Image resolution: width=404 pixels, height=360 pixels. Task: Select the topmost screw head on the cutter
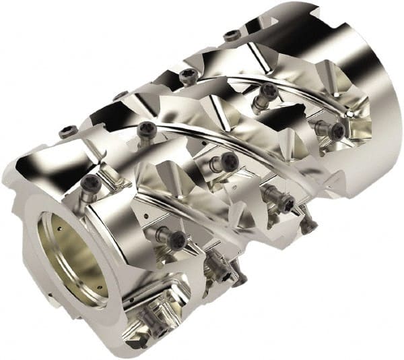click(x=232, y=35)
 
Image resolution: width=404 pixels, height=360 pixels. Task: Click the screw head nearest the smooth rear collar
click(x=336, y=131)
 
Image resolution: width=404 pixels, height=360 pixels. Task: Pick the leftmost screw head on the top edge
click(x=68, y=132)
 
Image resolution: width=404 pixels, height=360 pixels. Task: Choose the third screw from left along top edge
click(x=189, y=73)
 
